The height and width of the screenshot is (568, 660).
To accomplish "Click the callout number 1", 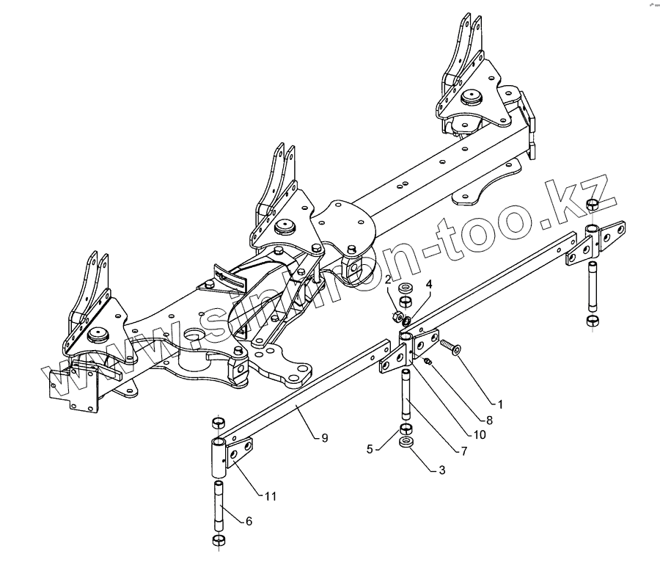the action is point(499,404).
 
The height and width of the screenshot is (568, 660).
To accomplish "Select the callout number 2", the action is point(388,279).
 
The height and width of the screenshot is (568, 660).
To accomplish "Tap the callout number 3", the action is point(441,470).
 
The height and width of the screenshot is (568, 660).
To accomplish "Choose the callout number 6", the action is point(249,521).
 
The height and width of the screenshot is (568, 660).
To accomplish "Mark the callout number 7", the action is point(463,451).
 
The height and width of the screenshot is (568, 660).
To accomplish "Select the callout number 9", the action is point(324,438).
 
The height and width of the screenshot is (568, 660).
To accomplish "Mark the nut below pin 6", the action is point(217,541).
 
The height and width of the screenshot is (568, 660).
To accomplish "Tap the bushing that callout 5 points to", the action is point(406,429).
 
